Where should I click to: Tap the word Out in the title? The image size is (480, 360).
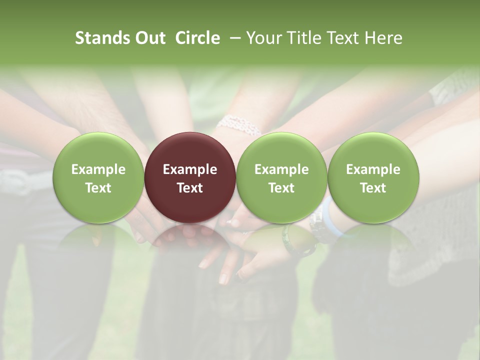click(149, 38)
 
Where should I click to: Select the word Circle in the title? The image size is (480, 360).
click(197, 38)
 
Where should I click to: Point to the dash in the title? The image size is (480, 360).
click(233, 38)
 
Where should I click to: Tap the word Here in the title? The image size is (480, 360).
click(383, 38)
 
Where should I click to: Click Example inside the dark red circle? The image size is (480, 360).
click(190, 169)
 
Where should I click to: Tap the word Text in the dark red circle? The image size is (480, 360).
click(190, 188)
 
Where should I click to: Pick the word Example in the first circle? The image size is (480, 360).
click(98, 169)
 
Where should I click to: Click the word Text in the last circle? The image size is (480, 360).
click(373, 188)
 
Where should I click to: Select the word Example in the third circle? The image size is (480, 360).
click(281, 169)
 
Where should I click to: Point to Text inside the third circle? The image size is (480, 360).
click(281, 188)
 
